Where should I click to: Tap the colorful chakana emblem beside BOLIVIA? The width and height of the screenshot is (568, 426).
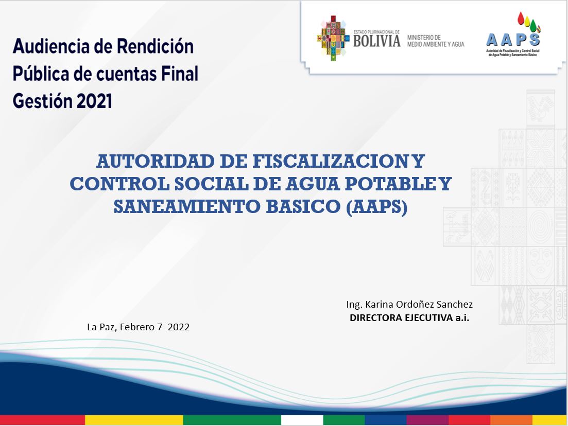[333, 38]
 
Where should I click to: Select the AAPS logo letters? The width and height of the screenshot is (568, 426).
[513, 40]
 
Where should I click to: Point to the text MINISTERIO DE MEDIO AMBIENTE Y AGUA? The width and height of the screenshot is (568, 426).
[436, 41]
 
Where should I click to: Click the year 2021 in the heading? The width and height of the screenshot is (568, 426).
[94, 101]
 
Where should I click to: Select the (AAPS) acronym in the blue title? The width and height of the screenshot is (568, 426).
[377, 207]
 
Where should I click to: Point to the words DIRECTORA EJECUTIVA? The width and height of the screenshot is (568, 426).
[401, 318]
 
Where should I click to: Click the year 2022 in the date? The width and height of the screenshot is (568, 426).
[179, 327]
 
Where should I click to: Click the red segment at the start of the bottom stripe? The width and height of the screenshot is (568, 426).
[42, 420]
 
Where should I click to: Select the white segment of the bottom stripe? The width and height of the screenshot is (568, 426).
[302, 420]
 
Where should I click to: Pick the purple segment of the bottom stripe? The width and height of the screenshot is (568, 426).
[427, 420]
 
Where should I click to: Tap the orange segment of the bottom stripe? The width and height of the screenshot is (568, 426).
[511, 420]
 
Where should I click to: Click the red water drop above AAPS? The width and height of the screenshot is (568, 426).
[521, 18]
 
